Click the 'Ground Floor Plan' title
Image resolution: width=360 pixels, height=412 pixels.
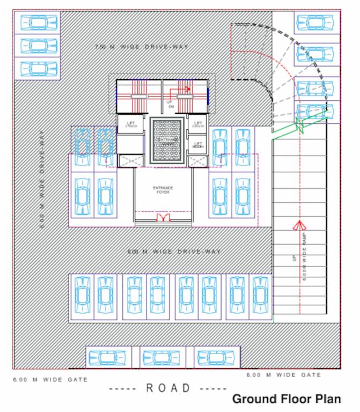286,399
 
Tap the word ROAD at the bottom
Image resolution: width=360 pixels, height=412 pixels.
168,388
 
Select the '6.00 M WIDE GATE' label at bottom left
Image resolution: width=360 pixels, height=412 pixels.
50,379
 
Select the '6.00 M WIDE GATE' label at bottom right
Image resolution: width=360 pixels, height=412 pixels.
284,375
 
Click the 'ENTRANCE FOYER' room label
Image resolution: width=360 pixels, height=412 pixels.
163,189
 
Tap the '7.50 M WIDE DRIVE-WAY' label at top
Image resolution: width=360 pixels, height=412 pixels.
141,47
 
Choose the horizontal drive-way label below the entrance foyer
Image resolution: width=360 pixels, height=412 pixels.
174,251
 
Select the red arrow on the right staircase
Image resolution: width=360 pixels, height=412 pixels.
186,89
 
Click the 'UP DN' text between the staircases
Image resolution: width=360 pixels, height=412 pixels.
170,104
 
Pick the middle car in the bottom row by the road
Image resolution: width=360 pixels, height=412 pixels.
162,357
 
